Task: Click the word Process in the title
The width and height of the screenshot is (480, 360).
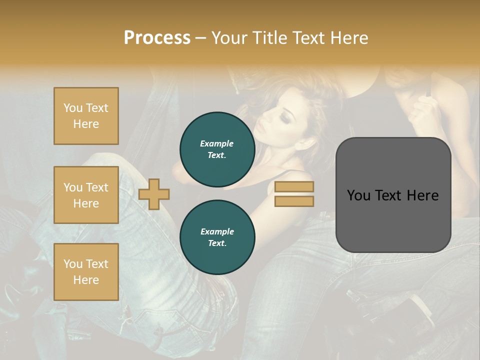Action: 157,38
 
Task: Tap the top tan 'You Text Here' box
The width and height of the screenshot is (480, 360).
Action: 86,116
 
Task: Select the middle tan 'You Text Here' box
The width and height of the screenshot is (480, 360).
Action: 86,195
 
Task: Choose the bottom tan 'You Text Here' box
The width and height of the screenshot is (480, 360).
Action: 86,272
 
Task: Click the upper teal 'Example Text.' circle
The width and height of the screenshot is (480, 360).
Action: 217,149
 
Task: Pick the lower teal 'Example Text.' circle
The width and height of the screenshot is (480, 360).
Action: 217,237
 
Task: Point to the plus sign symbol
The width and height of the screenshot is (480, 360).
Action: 154,194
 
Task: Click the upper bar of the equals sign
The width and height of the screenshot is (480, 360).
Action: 294,187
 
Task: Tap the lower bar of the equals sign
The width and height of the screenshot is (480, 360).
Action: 294,201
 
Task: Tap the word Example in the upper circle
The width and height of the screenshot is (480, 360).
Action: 217,143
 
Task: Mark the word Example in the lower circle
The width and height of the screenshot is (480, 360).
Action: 217,231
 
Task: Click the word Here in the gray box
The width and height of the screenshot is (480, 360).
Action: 423,195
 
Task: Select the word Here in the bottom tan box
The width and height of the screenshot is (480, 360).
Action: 86,280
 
